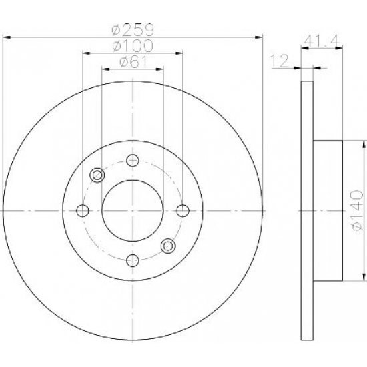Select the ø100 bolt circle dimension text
(x=133, y=47)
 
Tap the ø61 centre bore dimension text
(x=133, y=63)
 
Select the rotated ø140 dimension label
(x=357, y=212)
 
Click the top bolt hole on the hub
(x=133, y=160)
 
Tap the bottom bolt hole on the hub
(x=133, y=260)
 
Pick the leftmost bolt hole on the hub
(x=83, y=210)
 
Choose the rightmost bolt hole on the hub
(x=183, y=210)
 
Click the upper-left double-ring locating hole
(x=98, y=175)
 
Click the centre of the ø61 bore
(x=133, y=210)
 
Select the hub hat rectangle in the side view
(x=328, y=211)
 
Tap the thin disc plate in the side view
(x=307, y=211)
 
